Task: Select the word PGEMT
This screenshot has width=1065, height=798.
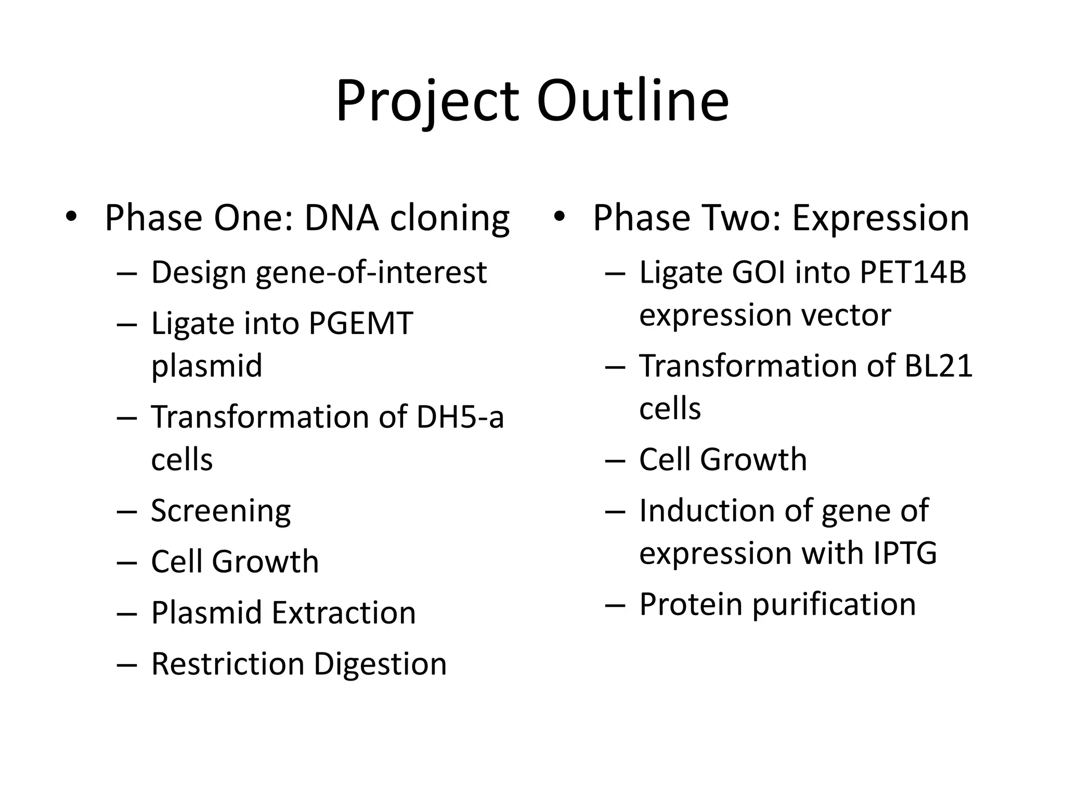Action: pos(360,323)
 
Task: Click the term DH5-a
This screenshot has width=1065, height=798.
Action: pos(460,417)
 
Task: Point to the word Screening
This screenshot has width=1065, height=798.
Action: pos(220,511)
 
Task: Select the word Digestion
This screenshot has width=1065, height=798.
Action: pos(380,664)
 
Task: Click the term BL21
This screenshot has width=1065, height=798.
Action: pos(938,366)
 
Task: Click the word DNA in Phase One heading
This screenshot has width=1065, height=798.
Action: pos(341,217)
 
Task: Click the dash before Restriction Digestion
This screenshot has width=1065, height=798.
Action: pos(126,664)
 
